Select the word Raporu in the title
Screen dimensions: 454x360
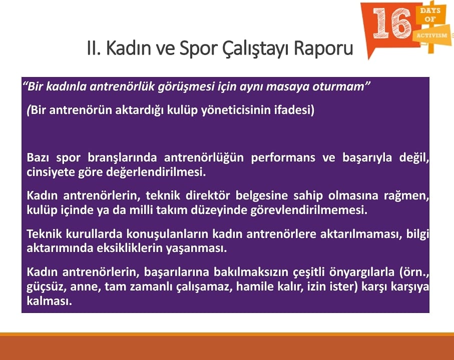[323, 49]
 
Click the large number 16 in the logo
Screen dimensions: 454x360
[392, 23]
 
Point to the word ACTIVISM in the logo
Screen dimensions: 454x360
[431, 35]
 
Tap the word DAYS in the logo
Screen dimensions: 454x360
[430, 10]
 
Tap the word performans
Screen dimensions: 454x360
[283, 158]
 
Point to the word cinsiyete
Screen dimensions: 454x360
[51, 172]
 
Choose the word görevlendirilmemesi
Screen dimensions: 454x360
[309, 210]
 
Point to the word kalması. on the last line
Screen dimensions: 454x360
[49, 301]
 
